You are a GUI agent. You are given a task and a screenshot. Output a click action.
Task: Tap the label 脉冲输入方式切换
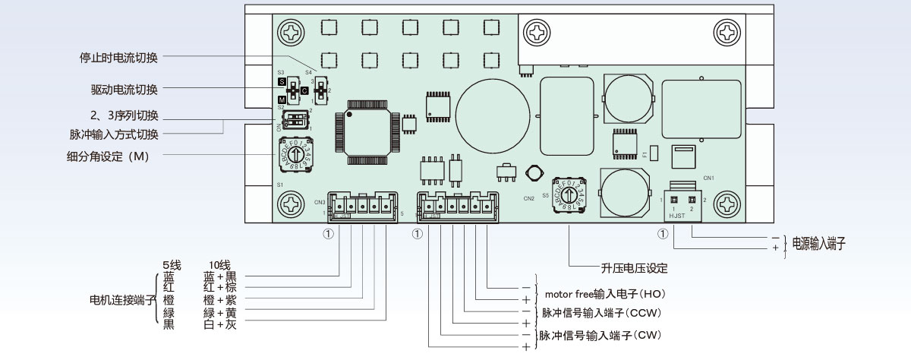[114, 134]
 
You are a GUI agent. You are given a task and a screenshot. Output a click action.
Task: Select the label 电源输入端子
[819, 244]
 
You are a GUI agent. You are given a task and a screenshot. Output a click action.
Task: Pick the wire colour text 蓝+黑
[220, 276]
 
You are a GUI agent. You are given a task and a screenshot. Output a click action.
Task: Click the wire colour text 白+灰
[220, 324]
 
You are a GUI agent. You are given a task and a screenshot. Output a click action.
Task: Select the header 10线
[219, 264]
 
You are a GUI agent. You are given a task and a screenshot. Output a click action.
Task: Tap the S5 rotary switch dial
[570, 196]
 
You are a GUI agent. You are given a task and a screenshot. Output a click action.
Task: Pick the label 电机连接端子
[117, 300]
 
